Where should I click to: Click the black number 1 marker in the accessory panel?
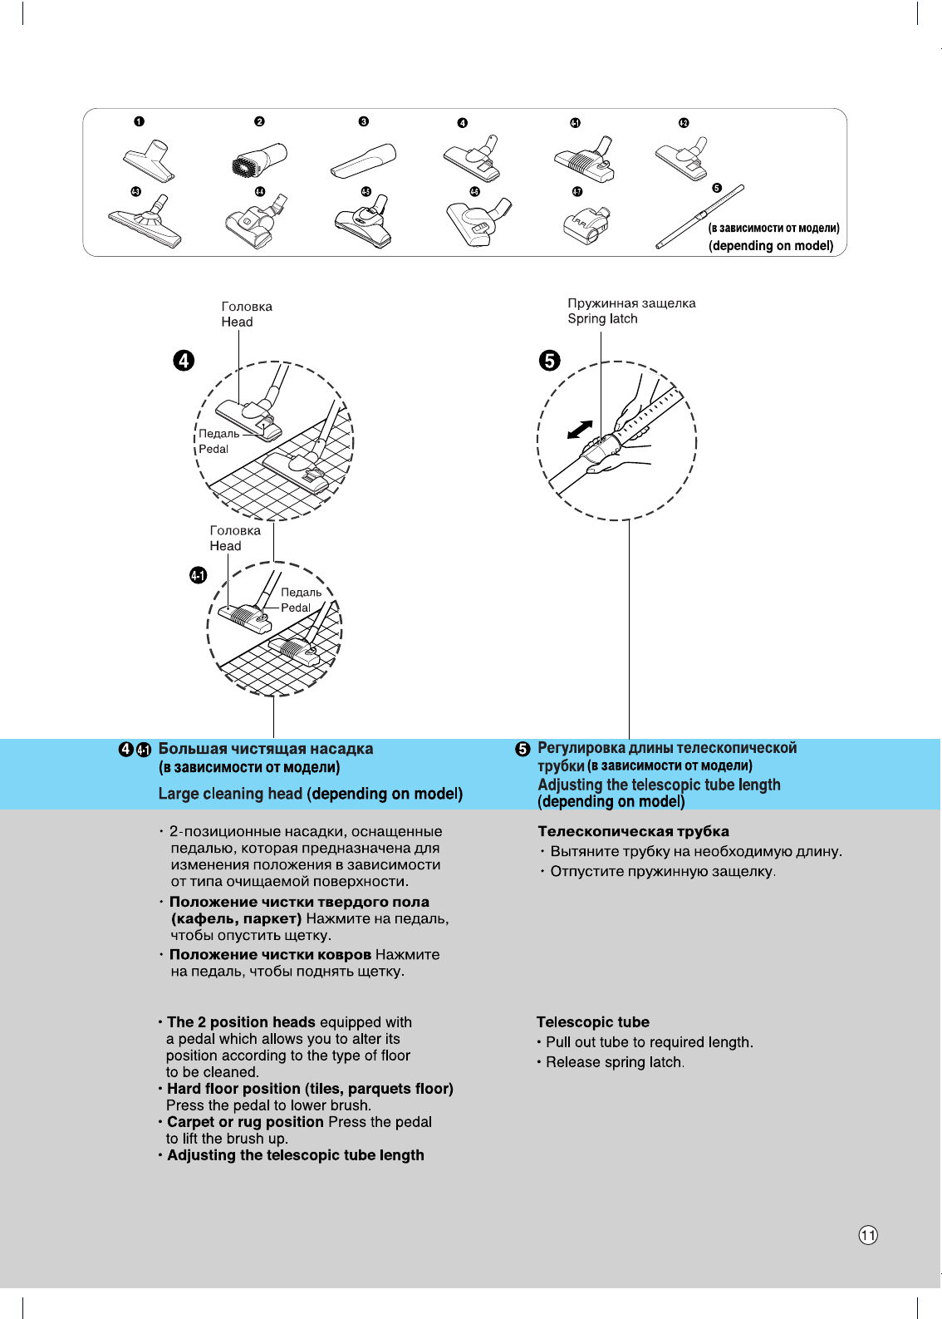[x=139, y=121]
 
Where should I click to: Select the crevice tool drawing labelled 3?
[x=365, y=160]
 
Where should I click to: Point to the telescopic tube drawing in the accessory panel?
[x=699, y=217]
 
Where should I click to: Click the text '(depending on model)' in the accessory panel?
[x=771, y=246]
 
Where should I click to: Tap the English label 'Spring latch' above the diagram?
[x=602, y=319]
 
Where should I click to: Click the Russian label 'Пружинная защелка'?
[x=631, y=303]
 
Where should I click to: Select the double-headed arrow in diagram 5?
[x=579, y=429]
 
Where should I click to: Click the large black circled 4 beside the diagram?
[x=184, y=360]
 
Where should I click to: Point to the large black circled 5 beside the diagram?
[x=549, y=360]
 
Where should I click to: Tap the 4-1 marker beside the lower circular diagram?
[x=198, y=575]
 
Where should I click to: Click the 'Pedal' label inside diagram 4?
[x=213, y=449]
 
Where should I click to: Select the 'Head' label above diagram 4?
[x=237, y=322]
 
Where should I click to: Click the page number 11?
[x=868, y=1235]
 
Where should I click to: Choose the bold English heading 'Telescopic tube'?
[x=592, y=1022]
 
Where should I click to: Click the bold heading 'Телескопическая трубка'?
[x=633, y=831]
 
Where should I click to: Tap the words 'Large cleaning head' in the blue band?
[x=230, y=794]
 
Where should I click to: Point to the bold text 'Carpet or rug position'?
[x=245, y=1122]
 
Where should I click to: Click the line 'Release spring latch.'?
[x=615, y=1062]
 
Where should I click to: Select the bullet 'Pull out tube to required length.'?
[x=649, y=1042]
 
